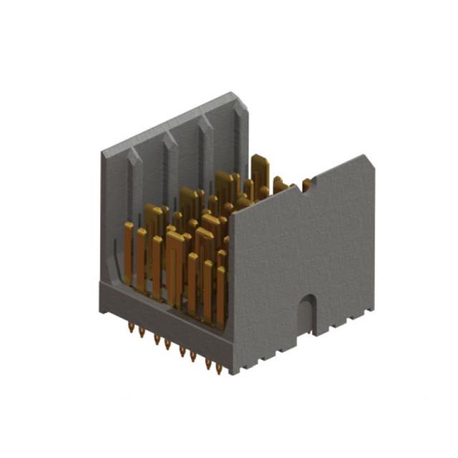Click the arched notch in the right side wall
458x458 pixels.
tap(306, 308)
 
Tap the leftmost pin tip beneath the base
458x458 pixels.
tap(130, 330)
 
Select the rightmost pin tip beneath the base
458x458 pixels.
tap(219, 369)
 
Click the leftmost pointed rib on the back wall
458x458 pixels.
tap(134, 161)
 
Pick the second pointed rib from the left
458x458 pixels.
tap(170, 143)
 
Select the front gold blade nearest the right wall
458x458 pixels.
tap(221, 293)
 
